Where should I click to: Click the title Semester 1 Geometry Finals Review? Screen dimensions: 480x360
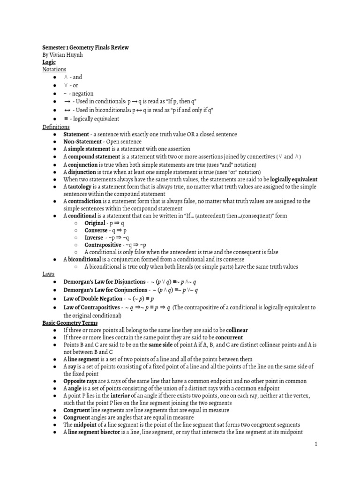click(x=85, y=47)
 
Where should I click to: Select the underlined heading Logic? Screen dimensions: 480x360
click(x=49, y=62)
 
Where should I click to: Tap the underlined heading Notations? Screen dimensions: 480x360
click(x=54, y=69)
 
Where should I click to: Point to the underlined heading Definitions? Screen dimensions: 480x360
click(x=56, y=127)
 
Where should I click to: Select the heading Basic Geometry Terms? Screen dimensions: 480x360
click(x=70, y=323)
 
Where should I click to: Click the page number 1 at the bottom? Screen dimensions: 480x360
click(x=316, y=446)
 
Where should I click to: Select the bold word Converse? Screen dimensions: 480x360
click(x=96, y=230)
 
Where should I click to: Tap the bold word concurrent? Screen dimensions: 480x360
click(x=229, y=337)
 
